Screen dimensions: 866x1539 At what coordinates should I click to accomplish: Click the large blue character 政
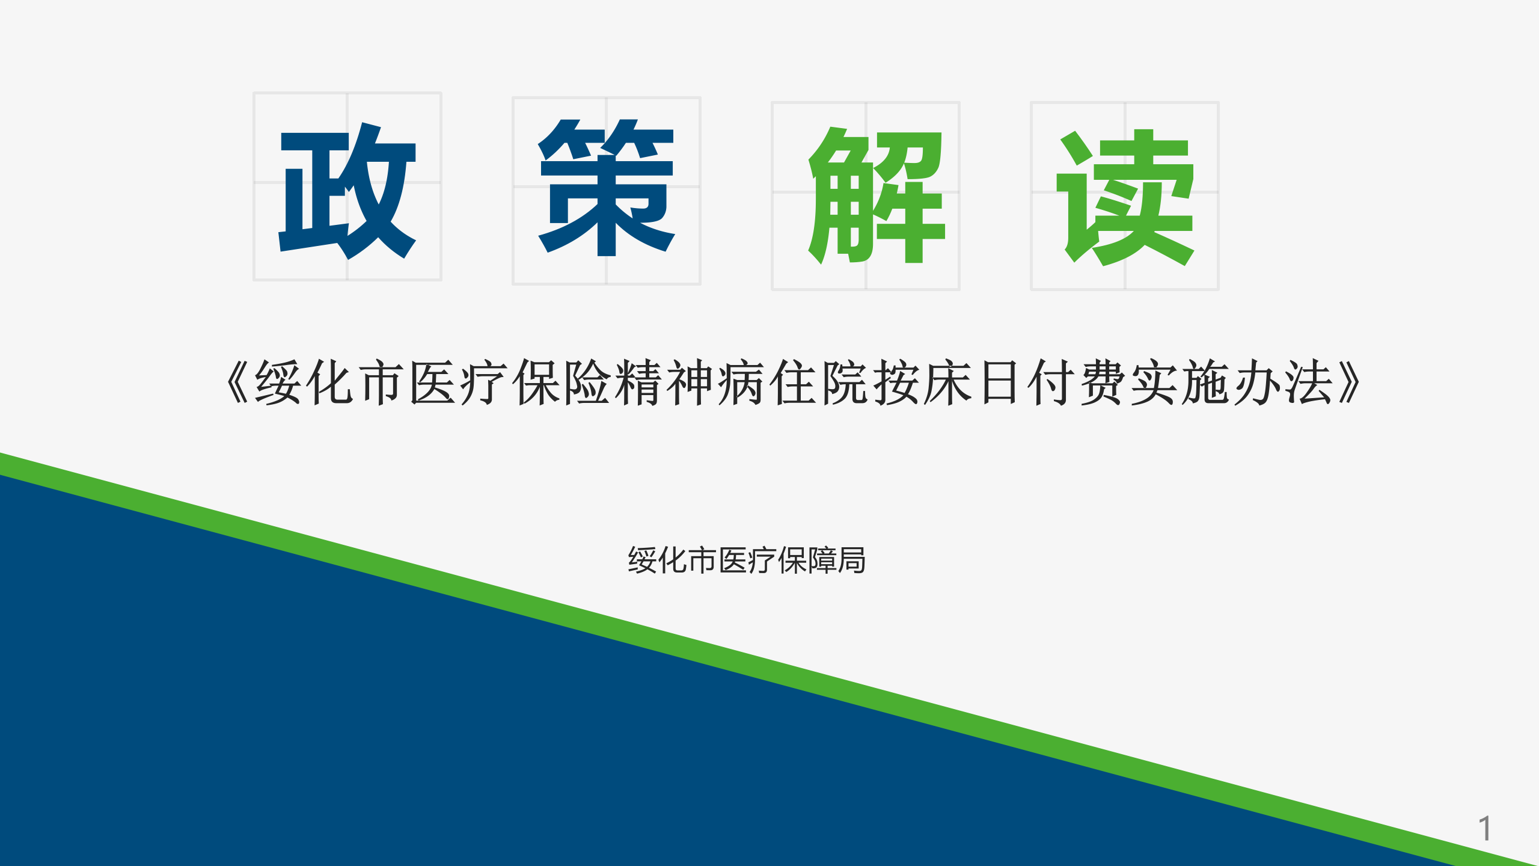[347, 191]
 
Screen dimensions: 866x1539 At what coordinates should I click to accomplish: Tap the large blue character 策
[606, 188]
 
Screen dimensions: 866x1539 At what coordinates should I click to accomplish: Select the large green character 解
[877, 195]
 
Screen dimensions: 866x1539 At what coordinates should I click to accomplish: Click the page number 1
[1484, 829]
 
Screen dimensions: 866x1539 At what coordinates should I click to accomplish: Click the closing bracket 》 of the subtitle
[1350, 382]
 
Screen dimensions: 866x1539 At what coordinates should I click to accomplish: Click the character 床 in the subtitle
[947, 382]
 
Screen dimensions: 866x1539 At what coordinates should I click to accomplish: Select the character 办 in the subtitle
[1256, 382]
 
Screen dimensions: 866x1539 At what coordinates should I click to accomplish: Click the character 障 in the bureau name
[821, 560]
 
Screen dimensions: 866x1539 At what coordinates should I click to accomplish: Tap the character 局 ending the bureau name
[851, 560]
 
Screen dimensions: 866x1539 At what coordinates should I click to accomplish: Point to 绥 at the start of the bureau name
[642, 560]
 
